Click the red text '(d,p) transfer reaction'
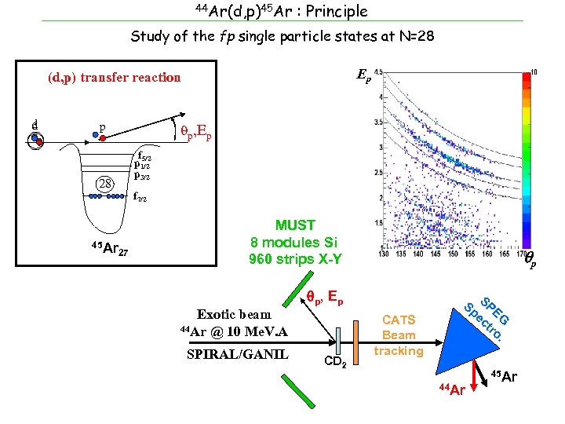[114, 77]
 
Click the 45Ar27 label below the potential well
[111, 250]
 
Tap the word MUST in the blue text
[294, 225]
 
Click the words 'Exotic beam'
[234, 314]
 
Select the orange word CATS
[398, 320]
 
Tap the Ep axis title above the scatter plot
[364, 75]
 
